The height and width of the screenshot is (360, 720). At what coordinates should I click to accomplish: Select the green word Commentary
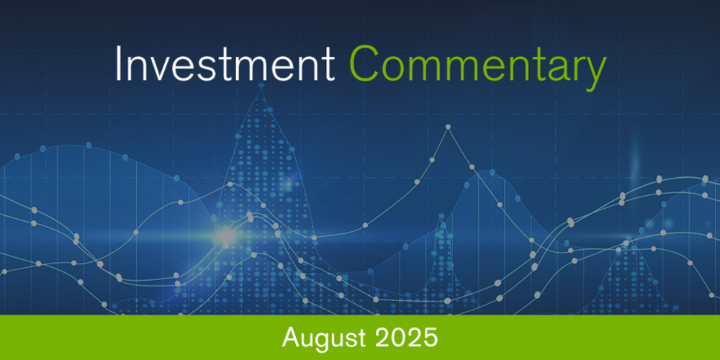tap(477, 67)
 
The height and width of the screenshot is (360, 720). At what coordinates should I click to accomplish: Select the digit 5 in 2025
tap(430, 337)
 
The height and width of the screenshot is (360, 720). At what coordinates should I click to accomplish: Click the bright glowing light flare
tap(226, 235)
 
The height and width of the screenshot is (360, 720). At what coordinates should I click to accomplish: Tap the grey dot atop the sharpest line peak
tap(448, 127)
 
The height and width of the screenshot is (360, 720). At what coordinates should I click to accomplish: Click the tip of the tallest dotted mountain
tap(261, 86)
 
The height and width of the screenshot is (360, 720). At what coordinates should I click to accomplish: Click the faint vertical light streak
tap(634, 162)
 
